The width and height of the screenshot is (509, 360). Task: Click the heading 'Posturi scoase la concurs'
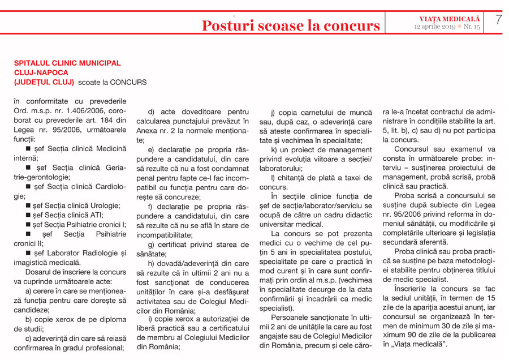tap(291, 25)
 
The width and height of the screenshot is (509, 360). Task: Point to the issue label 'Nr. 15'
tap(471, 27)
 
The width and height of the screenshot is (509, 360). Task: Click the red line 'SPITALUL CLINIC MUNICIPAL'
tap(67, 63)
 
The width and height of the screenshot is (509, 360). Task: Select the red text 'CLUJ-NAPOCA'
tap(41, 72)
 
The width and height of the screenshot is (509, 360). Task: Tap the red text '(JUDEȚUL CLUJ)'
tap(44, 82)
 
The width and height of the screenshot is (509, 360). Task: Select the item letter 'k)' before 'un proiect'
tap(274, 150)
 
